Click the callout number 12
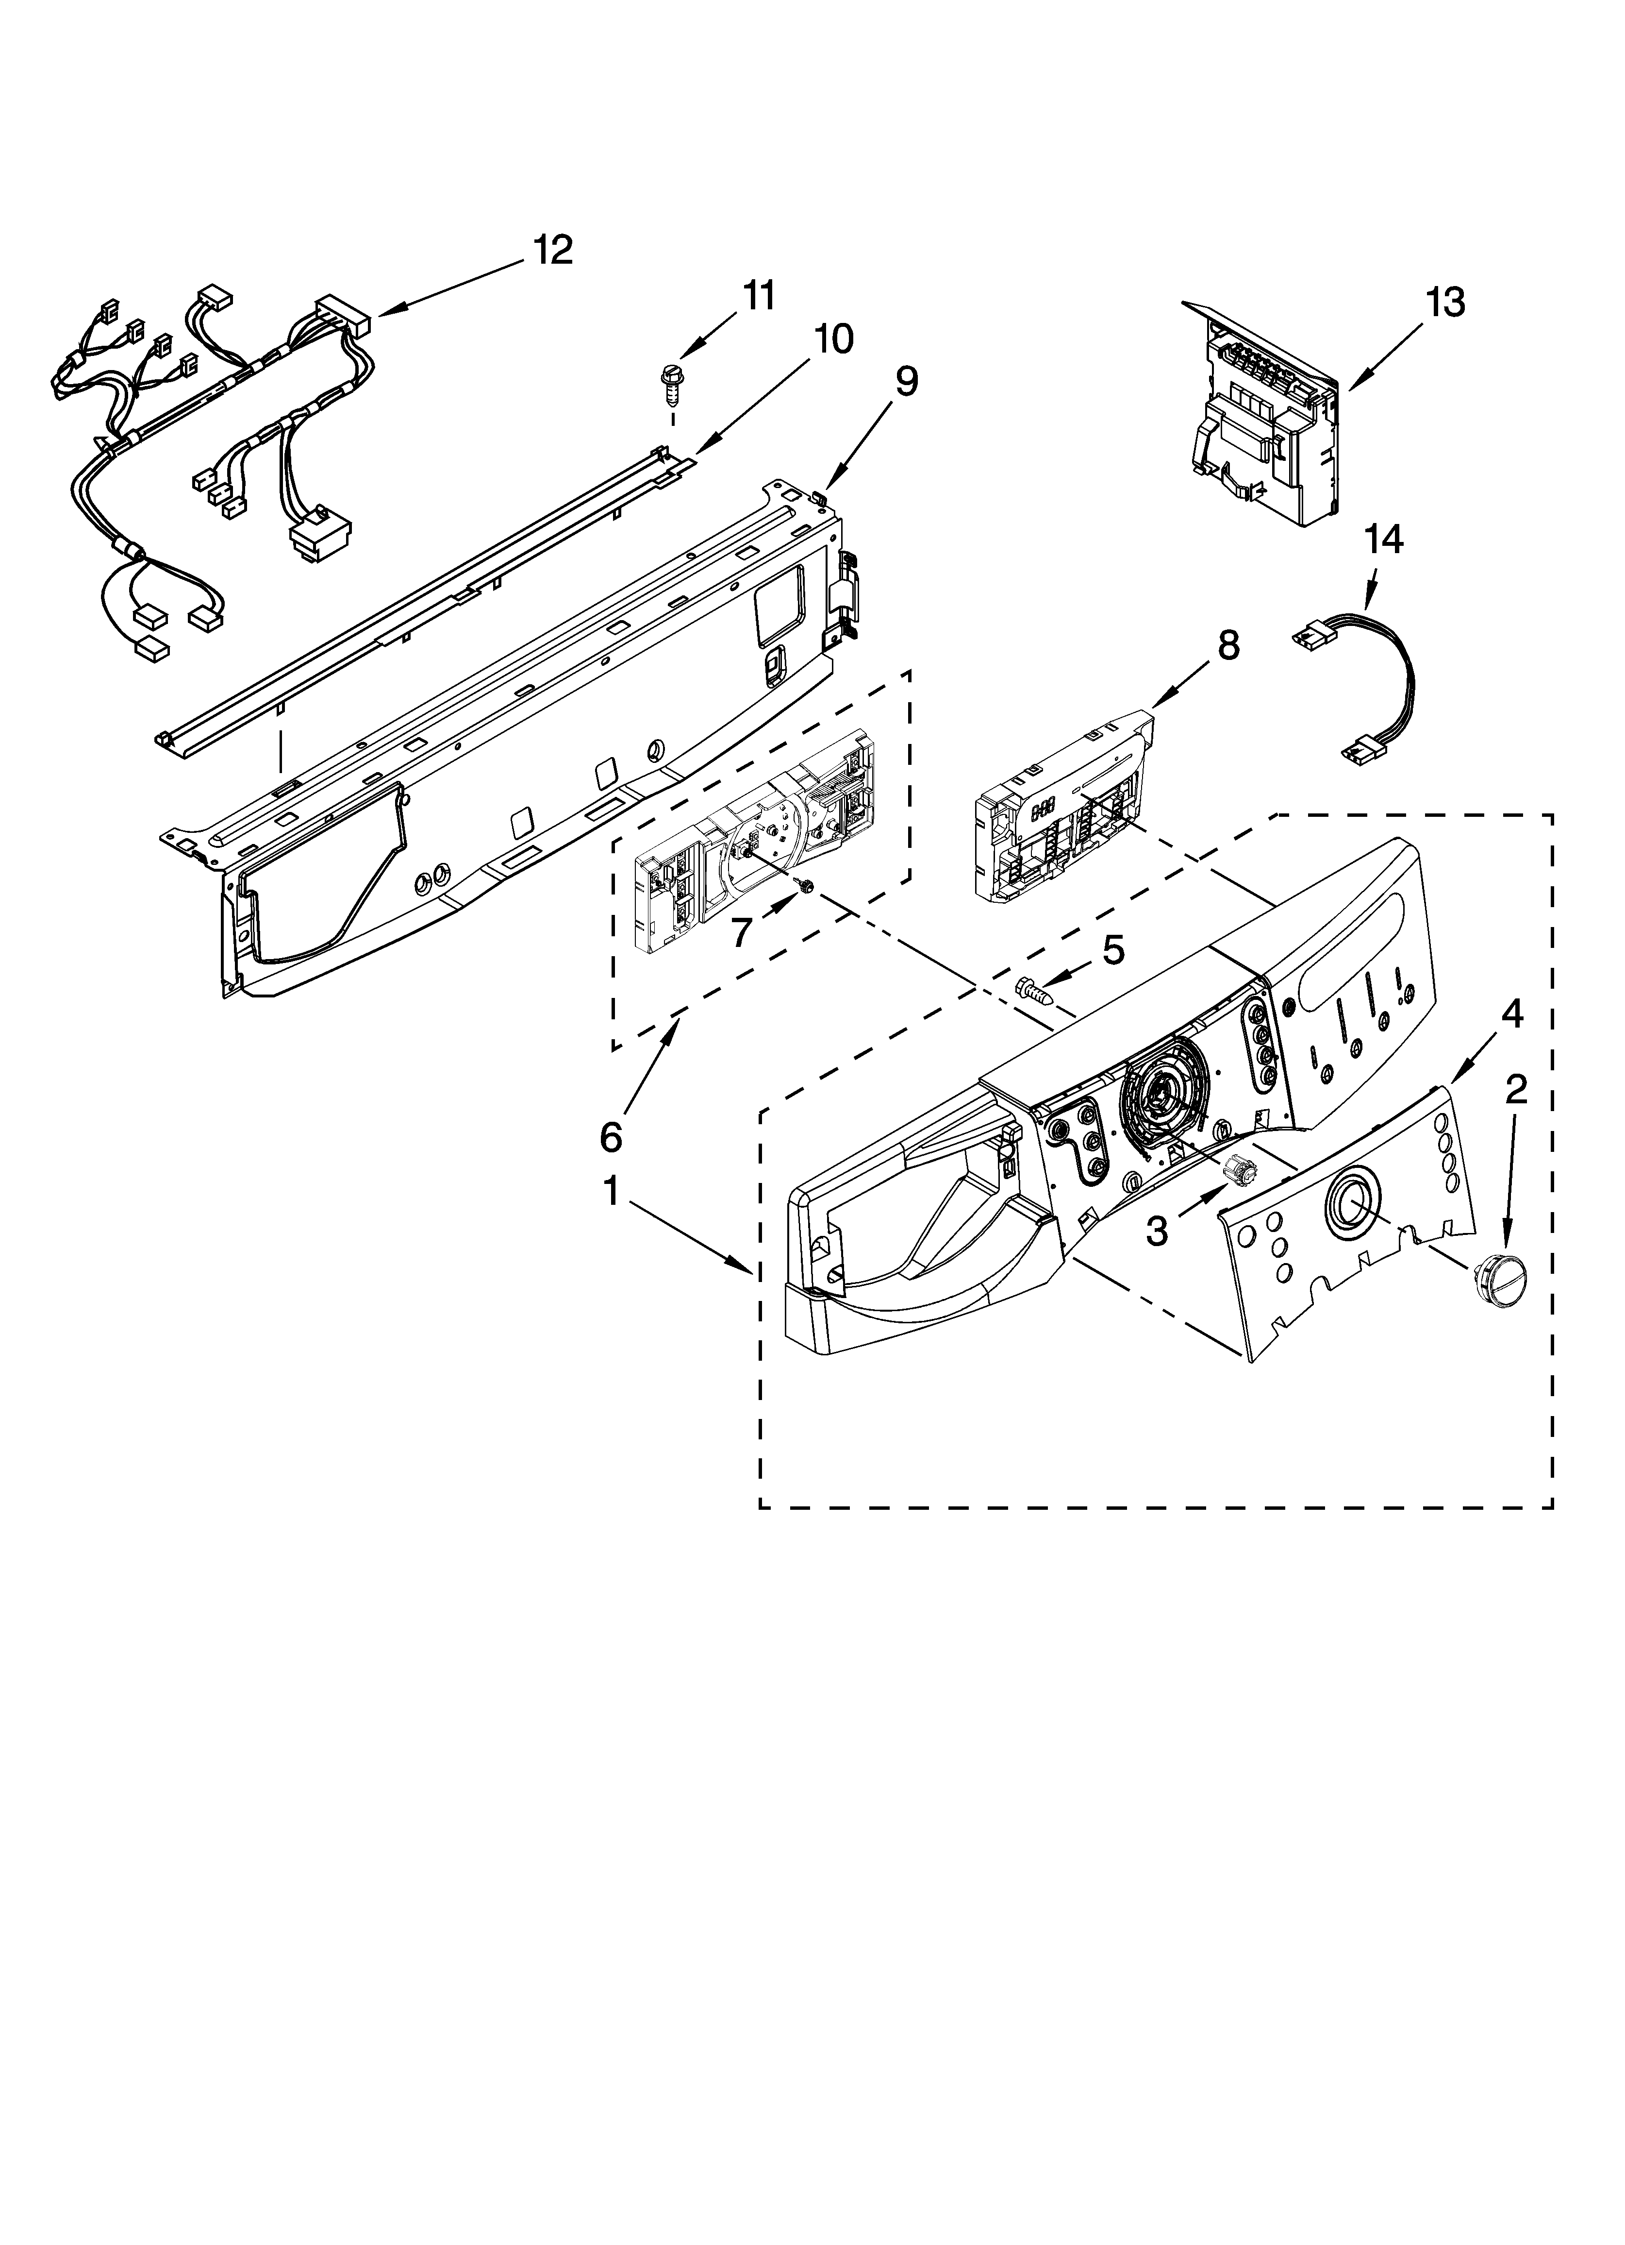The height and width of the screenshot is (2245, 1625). click(x=553, y=251)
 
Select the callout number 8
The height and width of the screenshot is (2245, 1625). click(x=1227, y=645)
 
